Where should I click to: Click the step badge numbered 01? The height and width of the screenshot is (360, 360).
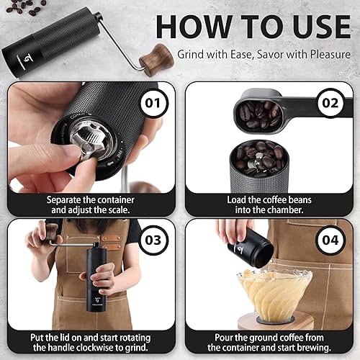pos(152,102)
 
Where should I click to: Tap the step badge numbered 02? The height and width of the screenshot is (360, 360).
pos(330,102)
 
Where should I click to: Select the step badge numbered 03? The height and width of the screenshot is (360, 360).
pos(152,240)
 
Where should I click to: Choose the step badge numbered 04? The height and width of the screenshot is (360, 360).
pos(330,240)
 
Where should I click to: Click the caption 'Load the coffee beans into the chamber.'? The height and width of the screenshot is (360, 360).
pos(269,204)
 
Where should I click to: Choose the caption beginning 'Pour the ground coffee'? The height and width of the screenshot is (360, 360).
pos(269,342)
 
